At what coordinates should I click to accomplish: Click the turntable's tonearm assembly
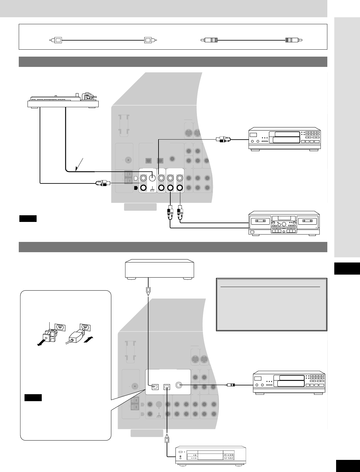click(88, 97)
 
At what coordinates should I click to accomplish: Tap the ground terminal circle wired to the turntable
click(152, 178)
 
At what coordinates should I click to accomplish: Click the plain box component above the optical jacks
click(159, 268)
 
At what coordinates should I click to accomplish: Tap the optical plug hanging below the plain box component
click(148, 290)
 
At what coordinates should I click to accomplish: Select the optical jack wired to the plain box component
click(155, 387)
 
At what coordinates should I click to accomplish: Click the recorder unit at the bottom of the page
click(211, 455)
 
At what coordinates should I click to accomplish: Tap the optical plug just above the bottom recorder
click(167, 440)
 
